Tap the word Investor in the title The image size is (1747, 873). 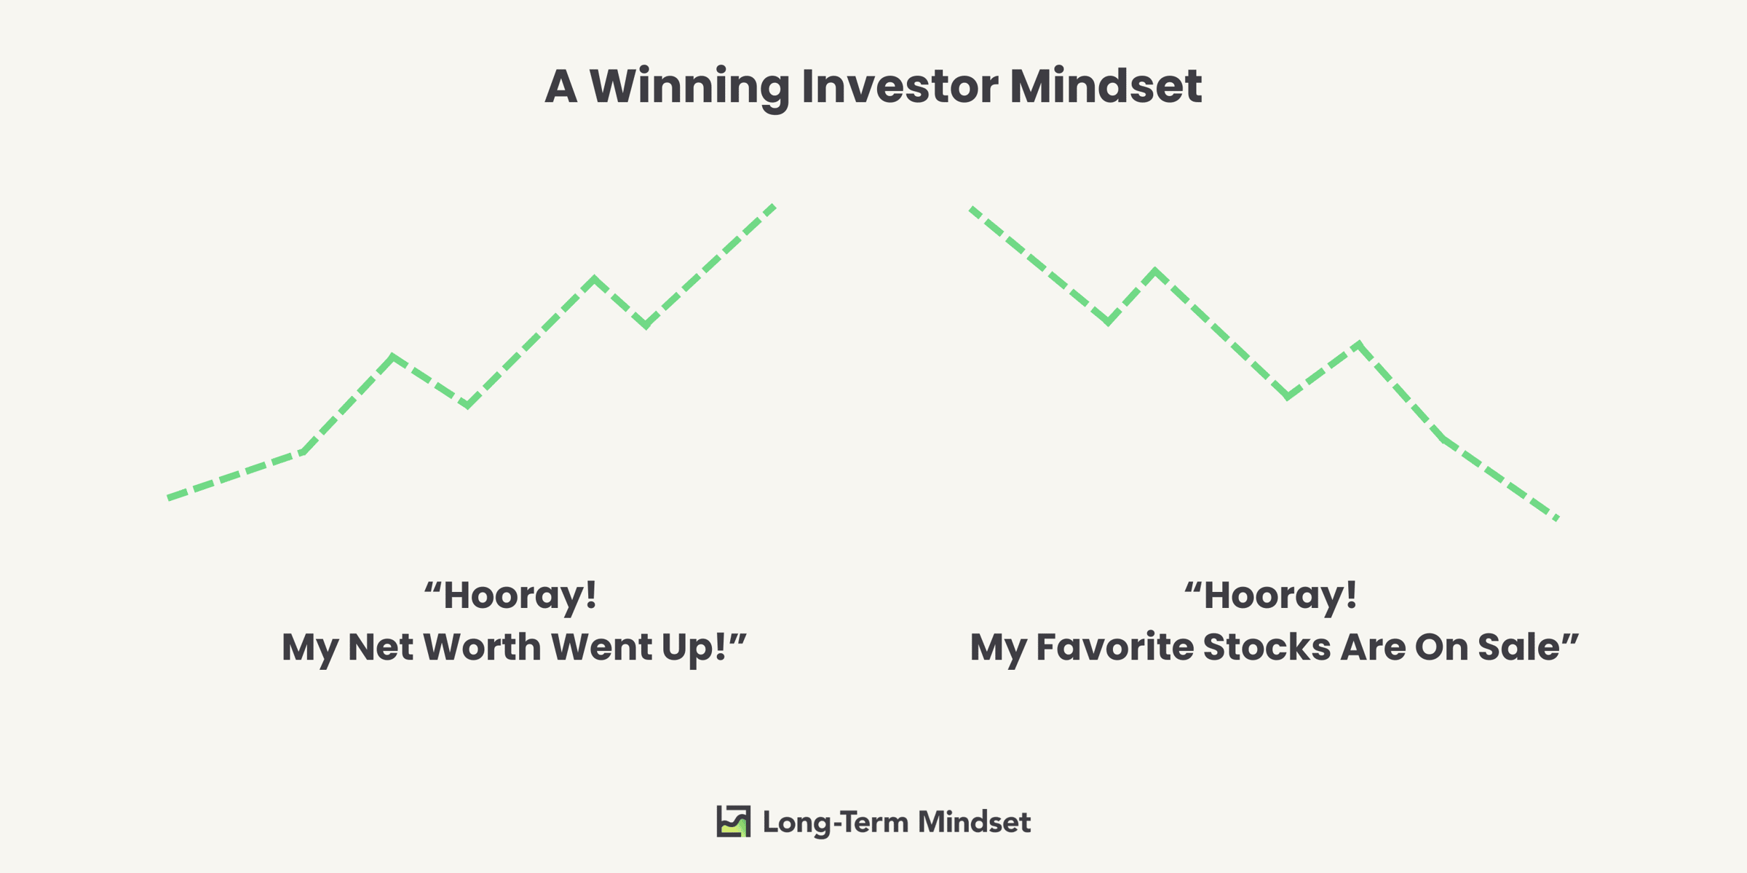[x=900, y=87]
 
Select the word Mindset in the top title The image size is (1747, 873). [x=1106, y=87]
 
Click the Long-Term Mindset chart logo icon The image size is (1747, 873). [x=733, y=821]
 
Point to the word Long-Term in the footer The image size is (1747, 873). [x=836, y=823]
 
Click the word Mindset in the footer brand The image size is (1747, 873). [x=974, y=822]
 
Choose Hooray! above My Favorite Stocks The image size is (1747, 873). [x=1270, y=596]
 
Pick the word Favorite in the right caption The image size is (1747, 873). [x=1114, y=647]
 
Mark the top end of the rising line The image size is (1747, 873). [x=775, y=206]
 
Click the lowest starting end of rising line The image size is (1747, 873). [x=168, y=498]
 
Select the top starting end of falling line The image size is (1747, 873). [x=970, y=209]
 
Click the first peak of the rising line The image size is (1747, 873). [x=394, y=357]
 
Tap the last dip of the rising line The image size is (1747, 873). [x=646, y=325]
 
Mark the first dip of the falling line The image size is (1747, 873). [x=1108, y=321]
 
